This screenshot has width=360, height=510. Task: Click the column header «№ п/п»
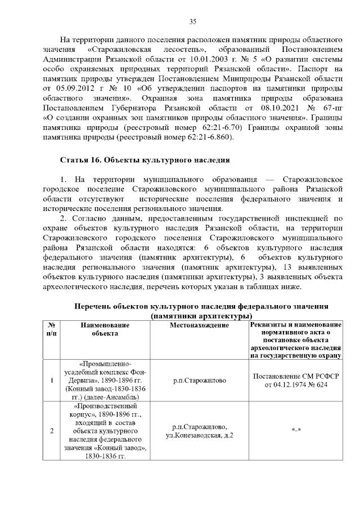[x=52, y=329]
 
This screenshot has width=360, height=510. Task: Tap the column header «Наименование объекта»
[x=105, y=329]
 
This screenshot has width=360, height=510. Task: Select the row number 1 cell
[x=52, y=381]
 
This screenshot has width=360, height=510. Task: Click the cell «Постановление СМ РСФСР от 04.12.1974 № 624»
[x=295, y=381]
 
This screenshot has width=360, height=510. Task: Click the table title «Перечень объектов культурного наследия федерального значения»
[x=201, y=307]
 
